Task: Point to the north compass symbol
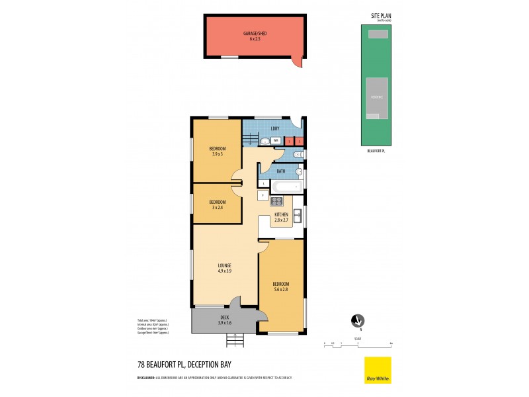358,321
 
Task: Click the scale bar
358,343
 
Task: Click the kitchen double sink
298,215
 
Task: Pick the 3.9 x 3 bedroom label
218,151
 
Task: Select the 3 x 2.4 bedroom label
218,204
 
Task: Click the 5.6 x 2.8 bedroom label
281,286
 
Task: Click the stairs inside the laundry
249,138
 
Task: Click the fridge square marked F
263,196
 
